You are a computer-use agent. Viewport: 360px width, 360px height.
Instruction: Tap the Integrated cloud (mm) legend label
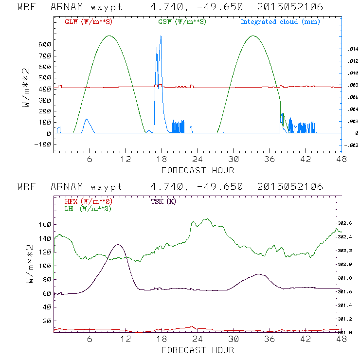point(280,22)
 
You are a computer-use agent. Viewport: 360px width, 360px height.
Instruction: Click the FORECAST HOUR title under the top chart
point(198,170)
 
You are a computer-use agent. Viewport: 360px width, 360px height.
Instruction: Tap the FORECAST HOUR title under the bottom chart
point(198,350)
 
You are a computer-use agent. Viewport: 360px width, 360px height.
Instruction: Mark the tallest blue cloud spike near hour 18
point(161,36)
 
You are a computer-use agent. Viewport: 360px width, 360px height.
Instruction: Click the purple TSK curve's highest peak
point(117,245)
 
